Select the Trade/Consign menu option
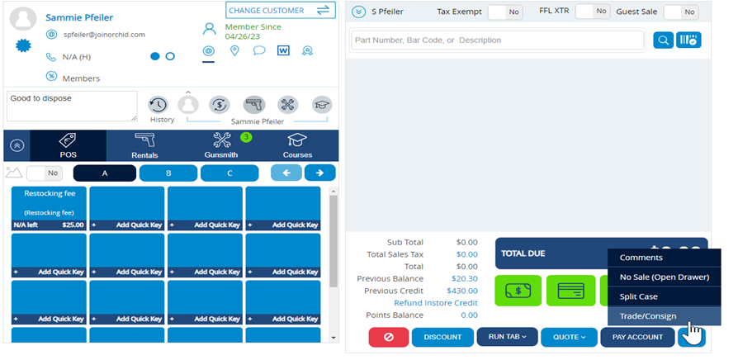(648, 315)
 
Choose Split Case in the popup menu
(638, 296)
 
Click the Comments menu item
(641, 258)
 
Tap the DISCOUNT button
(442, 337)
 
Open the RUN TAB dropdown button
(507, 337)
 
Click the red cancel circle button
(388, 337)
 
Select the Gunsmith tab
(221, 145)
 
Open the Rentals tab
(144, 145)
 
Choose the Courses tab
(297, 145)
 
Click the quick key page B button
(168, 173)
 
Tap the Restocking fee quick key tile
(50, 208)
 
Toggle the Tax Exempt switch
(504, 12)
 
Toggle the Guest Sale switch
(681, 12)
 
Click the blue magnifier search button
(663, 40)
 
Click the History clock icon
(158, 105)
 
